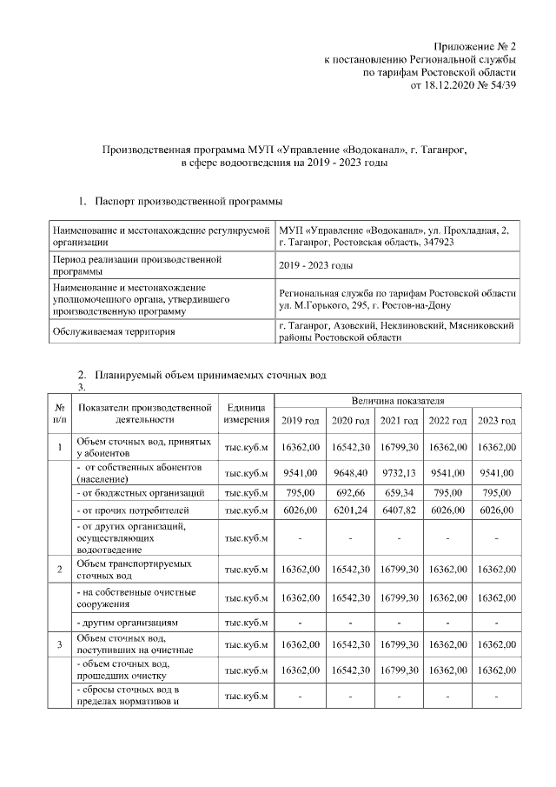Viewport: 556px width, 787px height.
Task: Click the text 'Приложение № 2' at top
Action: click(x=476, y=45)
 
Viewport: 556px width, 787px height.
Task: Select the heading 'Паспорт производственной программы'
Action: click(x=189, y=202)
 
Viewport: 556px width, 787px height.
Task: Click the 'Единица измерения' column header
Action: click(x=246, y=413)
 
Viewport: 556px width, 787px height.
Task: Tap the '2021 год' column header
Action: click(x=399, y=421)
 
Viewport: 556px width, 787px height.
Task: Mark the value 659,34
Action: click(x=399, y=493)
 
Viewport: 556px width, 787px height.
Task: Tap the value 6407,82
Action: click(x=399, y=510)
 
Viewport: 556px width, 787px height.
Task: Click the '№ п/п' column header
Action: click(x=59, y=413)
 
